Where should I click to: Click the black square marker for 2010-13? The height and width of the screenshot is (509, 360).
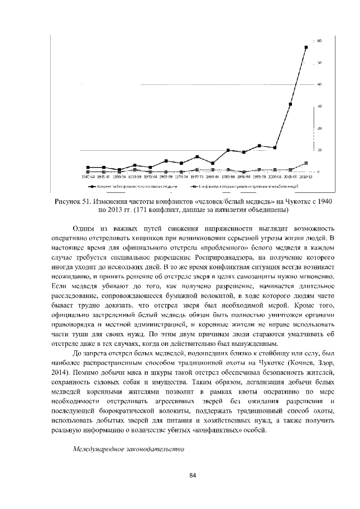(x=306, y=48)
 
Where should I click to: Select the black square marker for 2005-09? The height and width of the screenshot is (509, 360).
(x=290, y=104)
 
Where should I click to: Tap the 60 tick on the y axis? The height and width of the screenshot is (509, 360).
(x=319, y=41)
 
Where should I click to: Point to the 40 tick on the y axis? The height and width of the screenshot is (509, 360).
(x=319, y=84)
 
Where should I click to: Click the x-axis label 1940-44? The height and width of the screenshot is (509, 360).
(x=88, y=176)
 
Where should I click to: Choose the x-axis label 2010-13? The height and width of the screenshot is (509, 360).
(x=306, y=176)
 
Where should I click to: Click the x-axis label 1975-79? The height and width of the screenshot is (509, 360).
(x=197, y=176)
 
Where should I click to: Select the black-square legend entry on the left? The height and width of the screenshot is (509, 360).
(x=129, y=184)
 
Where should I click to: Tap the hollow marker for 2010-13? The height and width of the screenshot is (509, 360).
(x=306, y=163)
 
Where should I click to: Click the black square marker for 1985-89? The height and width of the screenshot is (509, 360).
(x=228, y=150)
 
